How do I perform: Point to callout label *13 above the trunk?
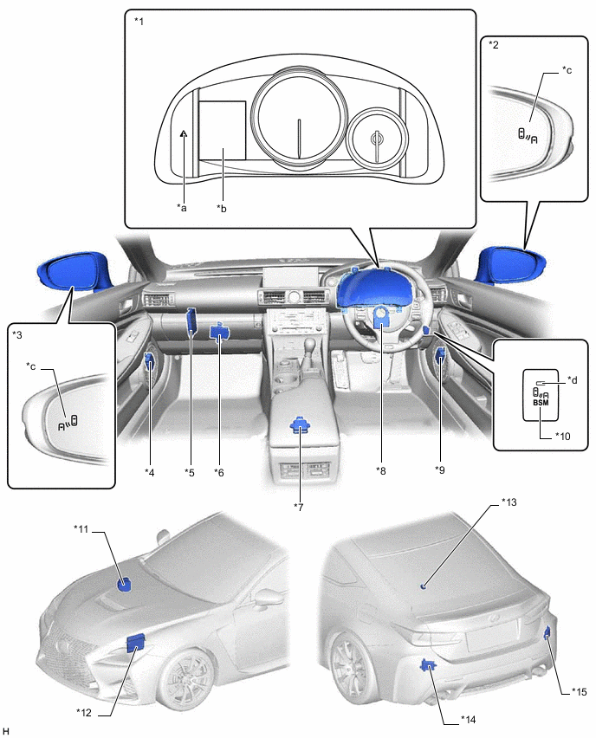coord(509,502)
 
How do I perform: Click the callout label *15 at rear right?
coord(578,691)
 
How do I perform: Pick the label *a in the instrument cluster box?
coord(181,207)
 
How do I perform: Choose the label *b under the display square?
coord(223,207)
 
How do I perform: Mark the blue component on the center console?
coord(301,425)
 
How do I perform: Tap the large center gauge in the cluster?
coord(299,113)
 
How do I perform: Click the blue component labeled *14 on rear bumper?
coord(426,665)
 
